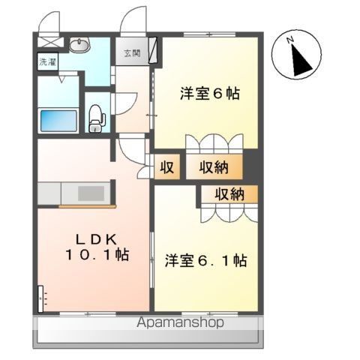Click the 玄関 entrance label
point(132,53)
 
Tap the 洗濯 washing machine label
point(48,62)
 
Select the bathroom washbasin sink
point(79,45)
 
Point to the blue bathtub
point(58,121)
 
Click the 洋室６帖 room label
point(210,93)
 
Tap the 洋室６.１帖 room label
point(206,260)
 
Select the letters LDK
point(96,240)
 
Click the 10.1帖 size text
point(97,255)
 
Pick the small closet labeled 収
point(167,167)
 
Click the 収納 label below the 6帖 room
point(214,167)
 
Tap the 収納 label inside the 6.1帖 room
point(229,194)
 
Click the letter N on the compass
point(290,40)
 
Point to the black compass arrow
point(301,60)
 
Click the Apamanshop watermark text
point(180,322)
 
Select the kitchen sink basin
point(91,193)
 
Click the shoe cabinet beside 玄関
point(153,50)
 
